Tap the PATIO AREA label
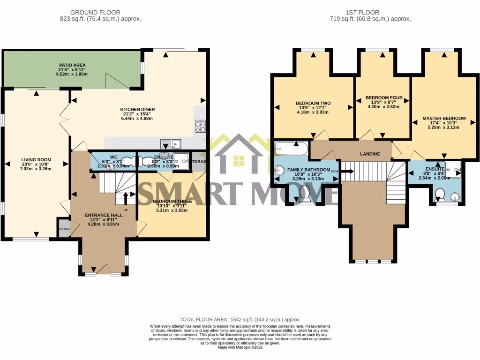pyautogui.click(x=72, y=65)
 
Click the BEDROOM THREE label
pyautogui.click(x=172, y=202)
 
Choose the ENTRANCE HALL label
pyautogui.click(x=104, y=215)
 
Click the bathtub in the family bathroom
pyautogui.click(x=291, y=149)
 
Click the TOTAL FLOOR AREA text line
pyautogui.click(x=240, y=319)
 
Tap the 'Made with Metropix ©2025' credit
pyautogui.click(x=240, y=347)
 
